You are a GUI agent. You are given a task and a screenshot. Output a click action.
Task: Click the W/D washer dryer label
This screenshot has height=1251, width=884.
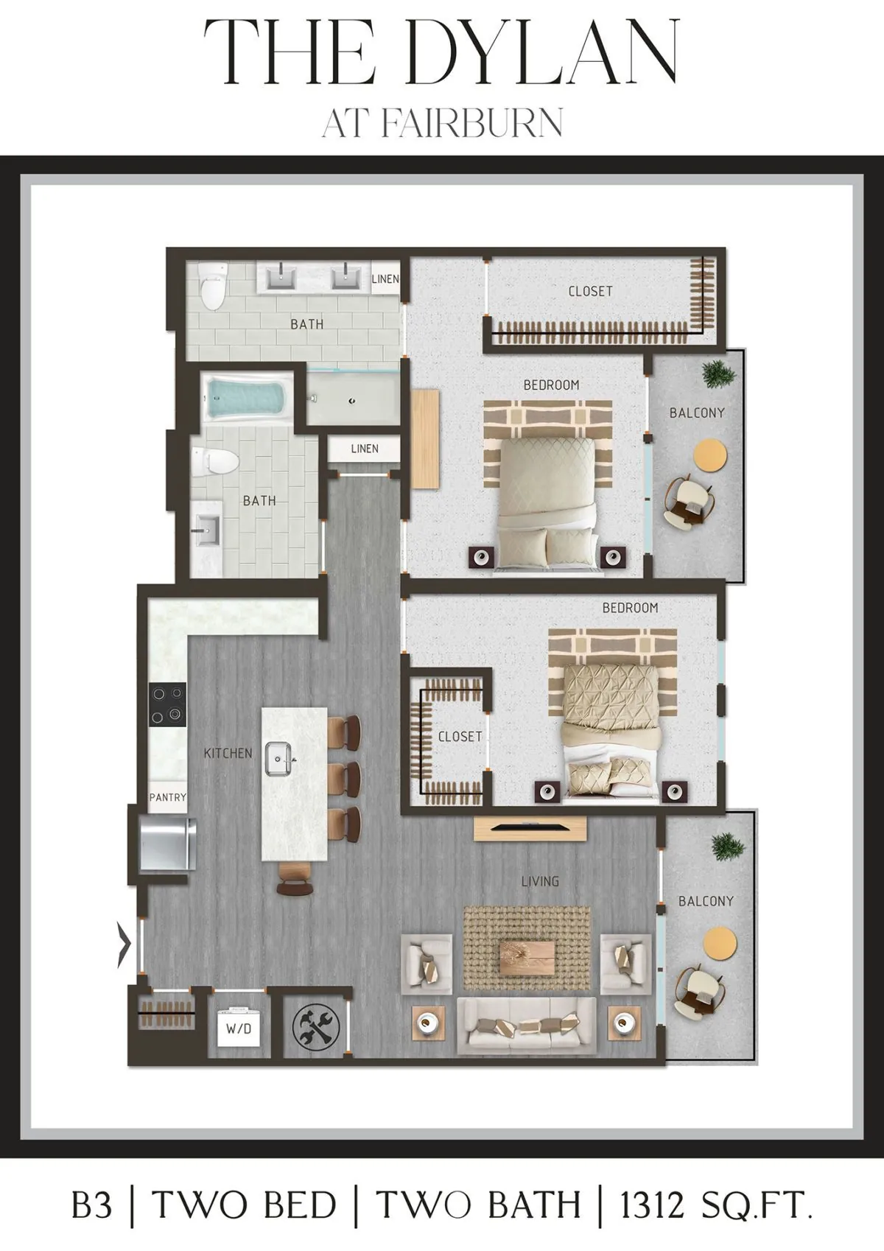point(239,1029)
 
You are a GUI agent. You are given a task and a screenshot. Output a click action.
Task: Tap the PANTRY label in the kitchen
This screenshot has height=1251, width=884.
point(167,797)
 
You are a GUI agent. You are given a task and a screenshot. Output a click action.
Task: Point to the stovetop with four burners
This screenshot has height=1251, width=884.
point(167,705)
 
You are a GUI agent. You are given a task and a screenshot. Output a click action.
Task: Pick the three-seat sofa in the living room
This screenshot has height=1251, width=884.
point(526,1024)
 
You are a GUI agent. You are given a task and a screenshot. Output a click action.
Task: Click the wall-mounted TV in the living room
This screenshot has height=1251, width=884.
point(530,827)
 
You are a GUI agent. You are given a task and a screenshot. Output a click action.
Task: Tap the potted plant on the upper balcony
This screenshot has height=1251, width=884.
point(719,374)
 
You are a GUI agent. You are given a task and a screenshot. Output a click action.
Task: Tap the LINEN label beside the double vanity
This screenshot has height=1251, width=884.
point(385,278)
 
